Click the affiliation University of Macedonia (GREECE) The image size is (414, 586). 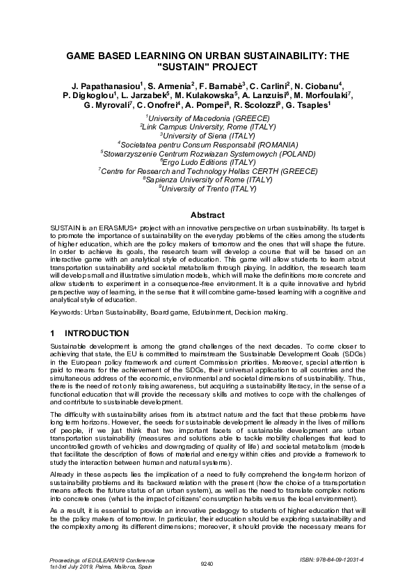pyautogui.click(x=207, y=119)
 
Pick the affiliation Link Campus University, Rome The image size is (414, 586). pyautogui.click(x=207, y=127)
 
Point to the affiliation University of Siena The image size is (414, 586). pyautogui.click(x=207, y=136)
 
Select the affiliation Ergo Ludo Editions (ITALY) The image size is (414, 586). pyautogui.click(x=207, y=161)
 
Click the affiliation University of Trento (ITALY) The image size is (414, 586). pyautogui.click(x=207, y=187)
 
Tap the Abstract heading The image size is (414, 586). pyautogui.click(x=207, y=215)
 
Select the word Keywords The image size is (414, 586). pyautogui.click(x=67, y=312)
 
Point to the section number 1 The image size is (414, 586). pyautogui.click(x=53, y=333)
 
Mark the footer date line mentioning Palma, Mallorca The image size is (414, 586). pyautogui.click(x=93, y=567)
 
